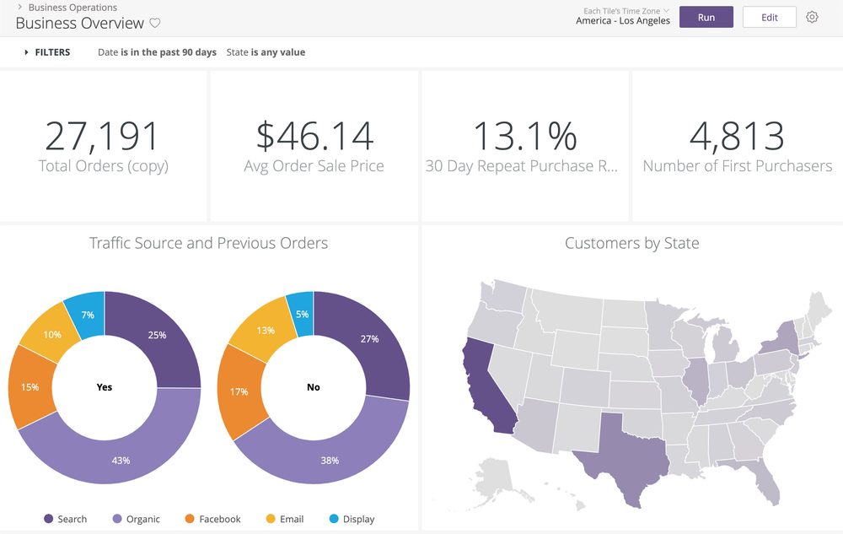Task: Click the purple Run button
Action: coord(706,17)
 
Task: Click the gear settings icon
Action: coord(812,17)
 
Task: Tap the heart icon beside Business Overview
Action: coord(155,24)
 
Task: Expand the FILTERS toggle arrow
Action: coord(26,52)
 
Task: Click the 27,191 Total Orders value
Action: coord(102,136)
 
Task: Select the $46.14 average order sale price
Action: coord(314,136)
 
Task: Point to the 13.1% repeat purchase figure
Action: coord(524,136)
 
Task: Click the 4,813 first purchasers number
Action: coord(736,136)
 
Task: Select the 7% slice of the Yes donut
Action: coord(88,314)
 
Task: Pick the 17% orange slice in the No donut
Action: coord(239,391)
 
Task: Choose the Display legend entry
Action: coord(358,519)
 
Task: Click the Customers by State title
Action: coord(631,243)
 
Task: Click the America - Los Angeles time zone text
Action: coord(623,21)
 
